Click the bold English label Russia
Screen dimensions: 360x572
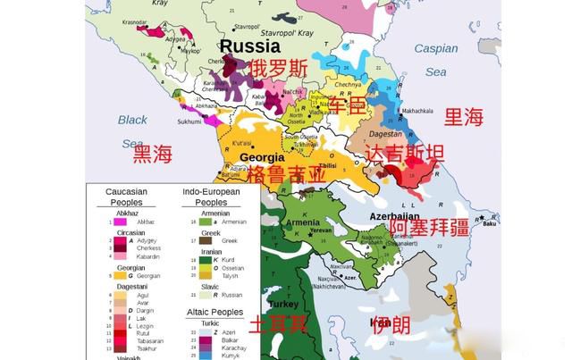pyautogui.click(x=250, y=46)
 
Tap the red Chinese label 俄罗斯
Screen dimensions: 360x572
pyautogui.click(x=278, y=68)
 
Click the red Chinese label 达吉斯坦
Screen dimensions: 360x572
pyautogui.click(x=405, y=154)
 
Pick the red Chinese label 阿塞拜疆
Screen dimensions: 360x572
pyautogui.click(x=430, y=228)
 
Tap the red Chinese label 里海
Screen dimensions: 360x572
pyautogui.click(x=464, y=116)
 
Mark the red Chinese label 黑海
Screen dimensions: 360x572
pyautogui.click(x=152, y=155)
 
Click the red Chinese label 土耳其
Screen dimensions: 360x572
pyautogui.click(x=279, y=323)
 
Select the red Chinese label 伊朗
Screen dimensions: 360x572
pyautogui.click(x=391, y=323)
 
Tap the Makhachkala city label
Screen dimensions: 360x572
pyautogui.click(x=423, y=112)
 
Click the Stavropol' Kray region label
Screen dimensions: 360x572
pyautogui.click(x=253, y=27)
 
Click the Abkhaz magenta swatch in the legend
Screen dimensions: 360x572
pyautogui.click(x=119, y=221)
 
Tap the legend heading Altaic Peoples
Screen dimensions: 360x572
pyautogui.click(x=214, y=312)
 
